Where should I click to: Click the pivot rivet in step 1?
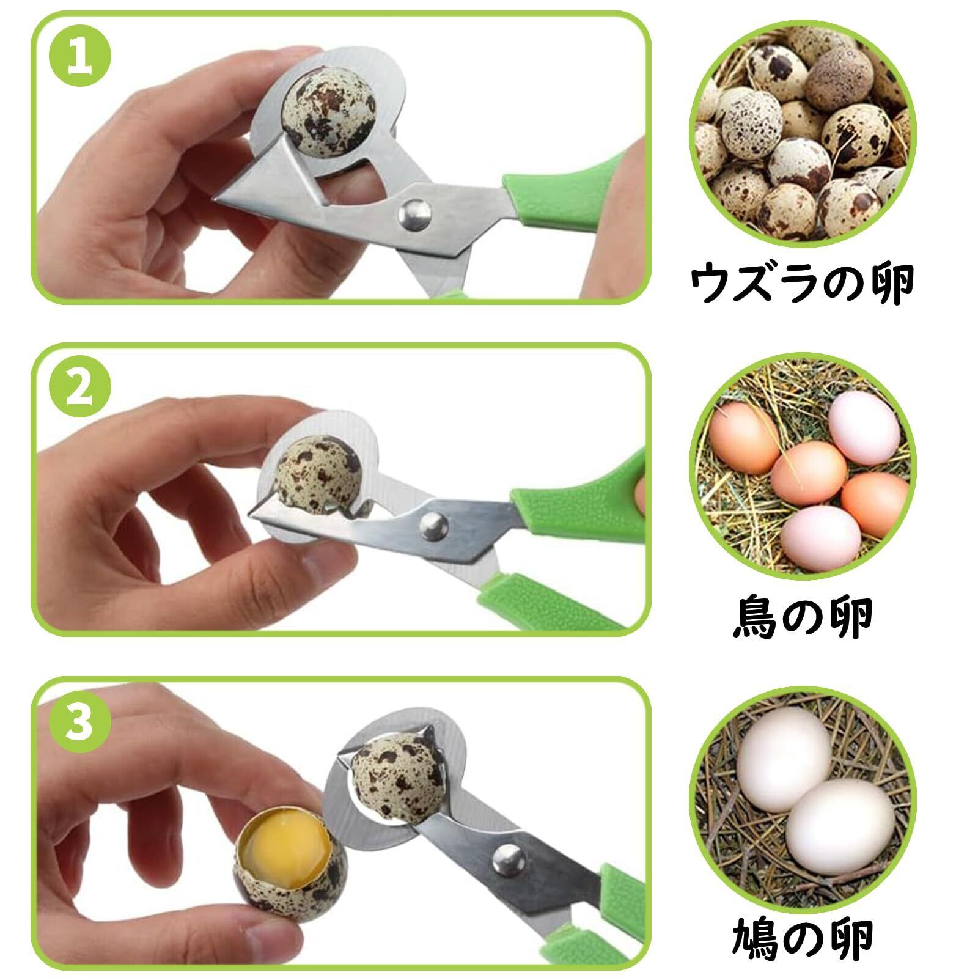pyautogui.click(x=413, y=214)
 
